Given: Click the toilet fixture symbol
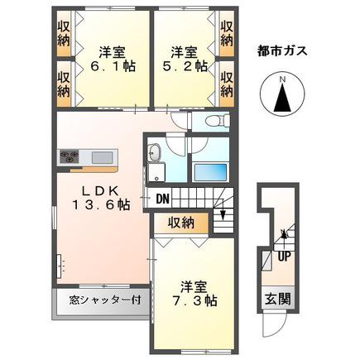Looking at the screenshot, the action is click(217, 120).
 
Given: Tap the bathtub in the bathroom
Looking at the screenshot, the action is click(211, 172).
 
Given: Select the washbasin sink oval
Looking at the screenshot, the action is click(154, 153).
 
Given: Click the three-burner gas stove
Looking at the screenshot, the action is click(69, 156).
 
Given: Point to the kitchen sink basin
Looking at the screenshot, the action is click(102, 157).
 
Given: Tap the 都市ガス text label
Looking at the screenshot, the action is click(282, 51).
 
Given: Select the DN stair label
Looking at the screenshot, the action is click(163, 198).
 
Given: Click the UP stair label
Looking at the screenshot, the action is click(284, 257).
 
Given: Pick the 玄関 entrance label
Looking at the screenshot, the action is click(278, 300).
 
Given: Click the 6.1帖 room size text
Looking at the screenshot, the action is click(113, 66).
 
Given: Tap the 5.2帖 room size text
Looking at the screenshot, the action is click(185, 66).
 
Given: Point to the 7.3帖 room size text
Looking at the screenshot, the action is click(194, 300).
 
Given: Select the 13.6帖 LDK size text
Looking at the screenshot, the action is click(101, 204).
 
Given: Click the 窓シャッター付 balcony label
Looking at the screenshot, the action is click(105, 300).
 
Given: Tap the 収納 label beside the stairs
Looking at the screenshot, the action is click(181, 223).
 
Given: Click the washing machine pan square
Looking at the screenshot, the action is click(156, 172).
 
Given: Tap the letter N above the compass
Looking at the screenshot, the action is click(282, 79).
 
